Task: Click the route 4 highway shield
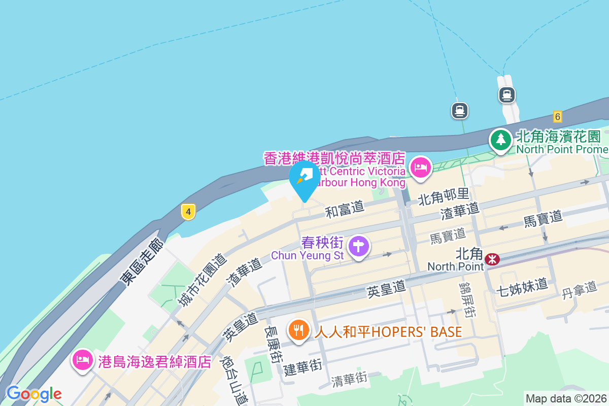188,212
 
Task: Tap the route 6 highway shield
558,117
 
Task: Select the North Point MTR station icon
492,259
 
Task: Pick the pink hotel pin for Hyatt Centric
420,167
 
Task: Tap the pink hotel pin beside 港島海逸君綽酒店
83,360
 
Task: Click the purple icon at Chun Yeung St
359,246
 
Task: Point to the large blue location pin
304,179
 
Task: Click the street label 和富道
345,208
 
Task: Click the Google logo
34,394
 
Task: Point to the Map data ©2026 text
566,398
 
